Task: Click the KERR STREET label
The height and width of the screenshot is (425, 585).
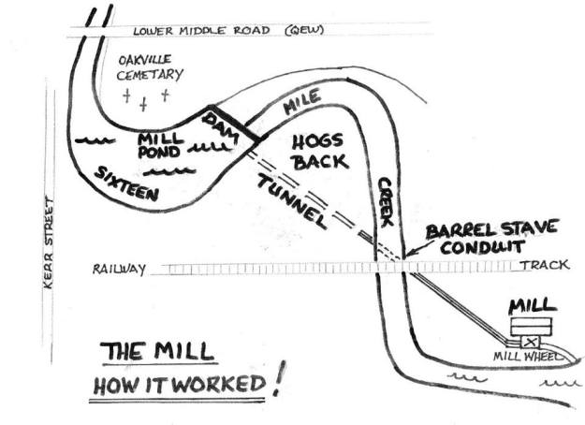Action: coord(48,242)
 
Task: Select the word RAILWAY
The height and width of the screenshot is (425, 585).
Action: coord(119,270)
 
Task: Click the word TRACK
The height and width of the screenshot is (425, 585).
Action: coord(544,265)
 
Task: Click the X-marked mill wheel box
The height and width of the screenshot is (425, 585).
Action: coord(530,343)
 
